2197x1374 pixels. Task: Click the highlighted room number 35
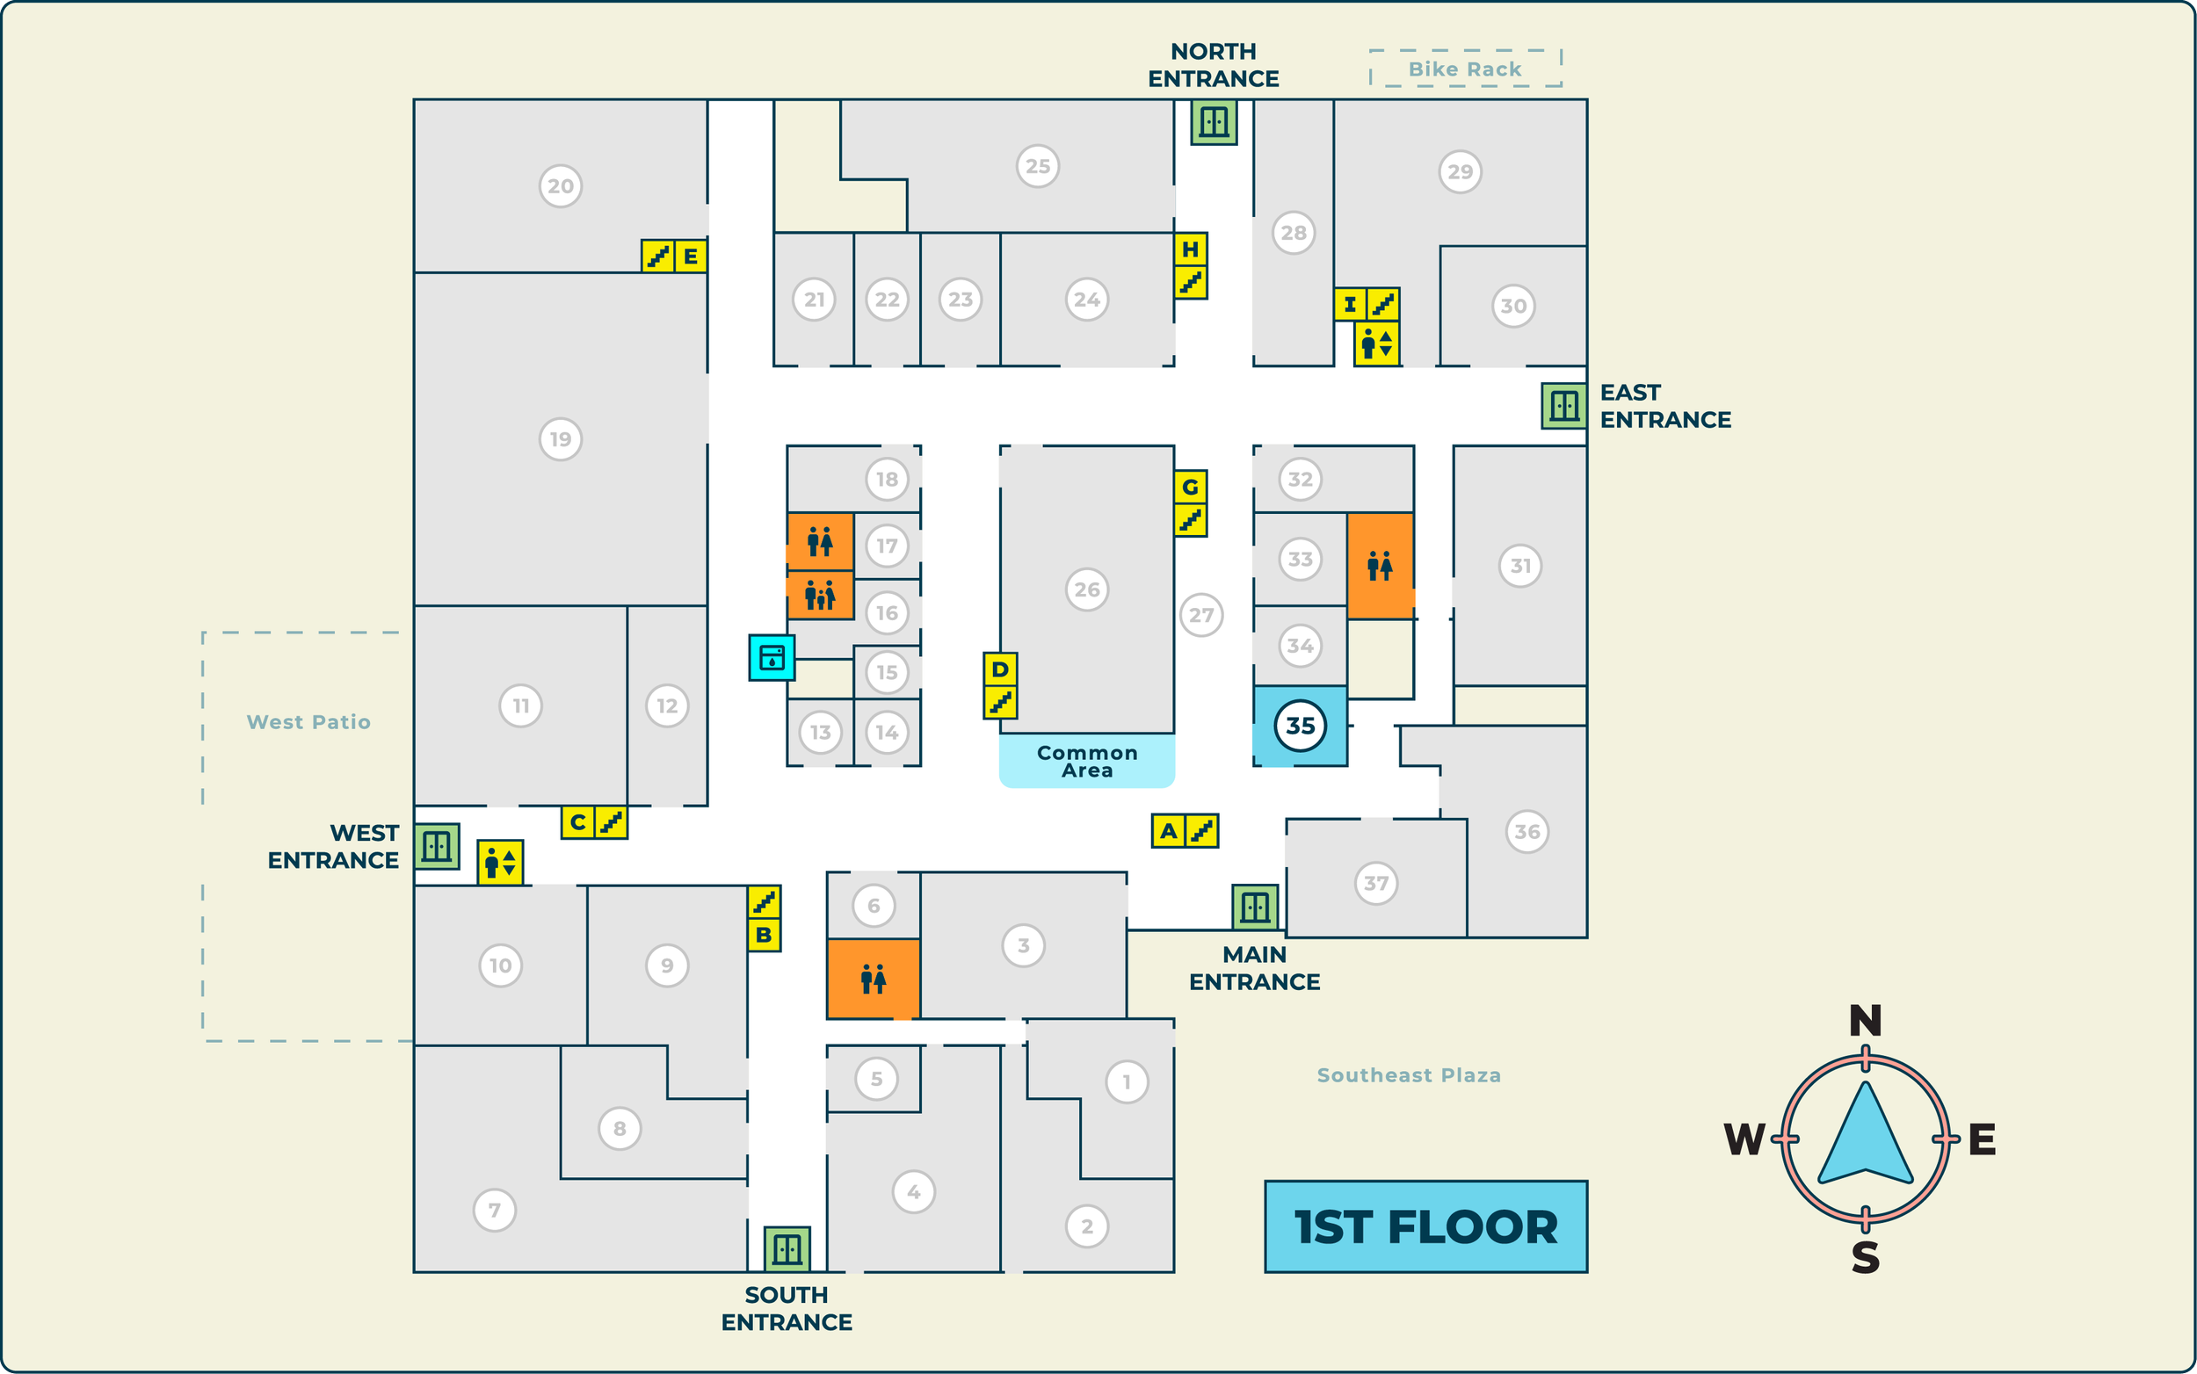1300,726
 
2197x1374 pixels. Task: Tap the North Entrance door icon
1214,122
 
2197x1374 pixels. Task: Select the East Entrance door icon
1563,405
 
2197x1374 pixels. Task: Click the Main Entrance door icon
1254,907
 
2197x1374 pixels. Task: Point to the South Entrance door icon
787,1248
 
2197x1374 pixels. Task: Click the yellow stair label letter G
1190,487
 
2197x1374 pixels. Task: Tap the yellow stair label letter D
1000,669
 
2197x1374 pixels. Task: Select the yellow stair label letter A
1168,830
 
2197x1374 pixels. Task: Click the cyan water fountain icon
772,657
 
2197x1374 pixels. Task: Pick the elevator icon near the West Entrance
500,863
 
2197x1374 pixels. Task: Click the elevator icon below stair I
1376,344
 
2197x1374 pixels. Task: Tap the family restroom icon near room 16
820,597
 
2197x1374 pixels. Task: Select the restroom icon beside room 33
1379,566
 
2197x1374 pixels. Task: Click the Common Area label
1086,762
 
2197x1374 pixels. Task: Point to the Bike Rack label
1464,69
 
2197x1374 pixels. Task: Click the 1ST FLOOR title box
1425,1226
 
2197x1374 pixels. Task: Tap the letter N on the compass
1865,1022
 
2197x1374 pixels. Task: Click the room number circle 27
1200,615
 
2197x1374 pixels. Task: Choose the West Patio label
308,722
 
